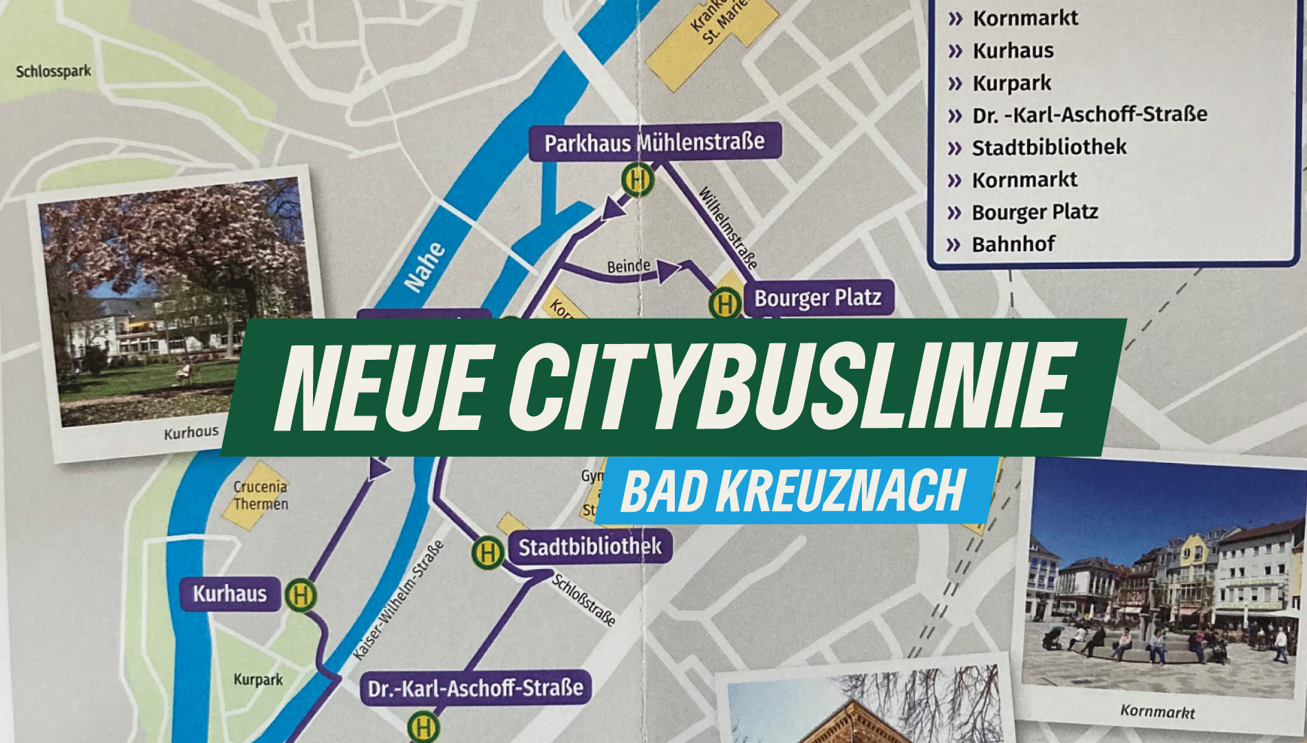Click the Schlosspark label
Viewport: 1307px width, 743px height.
pyautogui.click(x=53, y=71)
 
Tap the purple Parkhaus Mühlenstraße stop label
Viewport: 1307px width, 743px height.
pyautogui.click(x=654, y=142)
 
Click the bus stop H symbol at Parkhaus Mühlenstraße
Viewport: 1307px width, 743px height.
pyautogui.click(x=638, y=180)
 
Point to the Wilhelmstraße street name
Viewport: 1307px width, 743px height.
pyautogui.click(x=728, y=227)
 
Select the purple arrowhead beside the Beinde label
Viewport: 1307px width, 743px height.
pyautogui.click(x=668, y=271)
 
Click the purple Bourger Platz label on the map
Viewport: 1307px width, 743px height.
pyautogui.click(x=817, y=298)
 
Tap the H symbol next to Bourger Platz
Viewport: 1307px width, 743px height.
pyautogui.click(x=724, y=303)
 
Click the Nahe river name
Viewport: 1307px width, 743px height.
pyautogui.click(x=424, y=267)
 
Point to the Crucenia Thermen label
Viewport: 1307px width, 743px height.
pyautogui.click(x=260, y=495)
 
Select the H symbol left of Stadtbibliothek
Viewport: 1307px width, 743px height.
pyautogui.click(x=488, y=552)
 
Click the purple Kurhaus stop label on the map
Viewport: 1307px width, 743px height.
pyautogui.click(x=230, y=594)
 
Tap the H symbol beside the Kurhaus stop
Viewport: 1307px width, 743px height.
pyautogui.click(x=301, y=594)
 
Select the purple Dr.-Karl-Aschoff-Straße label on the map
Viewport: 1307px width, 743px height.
pyautogui.click(x=475, y=688)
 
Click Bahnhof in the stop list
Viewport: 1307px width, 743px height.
pyautogui.click(x=1013, y=244)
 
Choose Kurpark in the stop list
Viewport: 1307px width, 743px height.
pyautogui.click(x=1011, y=83)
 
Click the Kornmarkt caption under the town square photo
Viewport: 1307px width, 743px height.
pyautogui.click(x=1157, y=711)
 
